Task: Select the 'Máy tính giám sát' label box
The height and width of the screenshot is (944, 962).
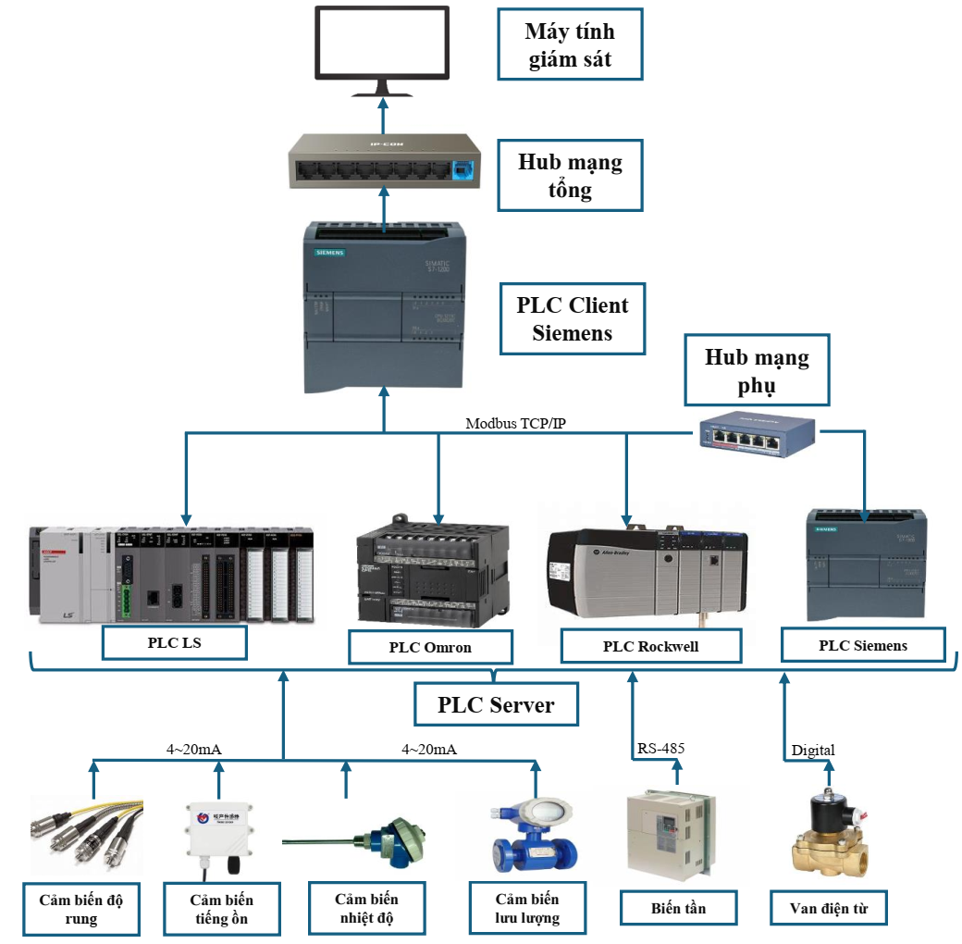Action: [569, 45]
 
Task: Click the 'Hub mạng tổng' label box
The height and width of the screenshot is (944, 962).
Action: [569, 176]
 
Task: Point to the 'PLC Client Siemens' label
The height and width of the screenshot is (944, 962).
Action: [572, 319]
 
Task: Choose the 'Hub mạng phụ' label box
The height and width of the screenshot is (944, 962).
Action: [757, 370]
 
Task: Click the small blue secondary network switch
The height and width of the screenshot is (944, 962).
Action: [757, 431]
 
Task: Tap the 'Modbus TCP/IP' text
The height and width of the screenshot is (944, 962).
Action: [517, 423]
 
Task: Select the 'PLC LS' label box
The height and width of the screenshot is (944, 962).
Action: [175, 642]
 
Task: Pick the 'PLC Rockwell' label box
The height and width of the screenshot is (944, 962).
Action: [650, 646]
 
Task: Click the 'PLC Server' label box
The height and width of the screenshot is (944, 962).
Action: [496, 704]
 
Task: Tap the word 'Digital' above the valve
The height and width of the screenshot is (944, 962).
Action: [813, 750]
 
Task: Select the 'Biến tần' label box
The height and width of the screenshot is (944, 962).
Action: [678, 908]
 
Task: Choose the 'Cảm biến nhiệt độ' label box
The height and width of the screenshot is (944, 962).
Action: [366, 909]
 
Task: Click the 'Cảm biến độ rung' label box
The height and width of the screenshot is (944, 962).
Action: [81, 909]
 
